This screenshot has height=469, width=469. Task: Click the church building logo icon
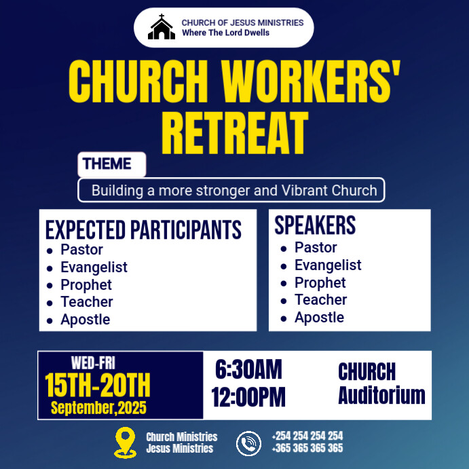[x=162, y=28]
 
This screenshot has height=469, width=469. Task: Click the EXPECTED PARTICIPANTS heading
[x=143, y=229]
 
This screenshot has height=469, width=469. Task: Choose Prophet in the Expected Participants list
[x=86, y=285]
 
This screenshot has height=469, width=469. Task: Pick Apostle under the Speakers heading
[x=319, y=318]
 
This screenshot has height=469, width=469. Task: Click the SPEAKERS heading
[x=315, y=225]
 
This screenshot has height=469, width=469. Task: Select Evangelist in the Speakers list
[x=328, y=265]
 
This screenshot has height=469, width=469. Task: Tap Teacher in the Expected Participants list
[x=87, y=302]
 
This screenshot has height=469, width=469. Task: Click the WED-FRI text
[x=93, y=364]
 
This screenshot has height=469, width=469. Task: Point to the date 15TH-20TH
[x=98, y=386]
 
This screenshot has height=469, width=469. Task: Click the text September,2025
[x=98, y=408]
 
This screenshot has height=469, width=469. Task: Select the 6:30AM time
[x=248, y=371]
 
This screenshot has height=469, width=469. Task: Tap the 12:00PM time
[x=248, y=397]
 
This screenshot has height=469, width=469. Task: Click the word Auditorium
[x=381, y=395]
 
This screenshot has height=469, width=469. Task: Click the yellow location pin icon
[x=126, y=443]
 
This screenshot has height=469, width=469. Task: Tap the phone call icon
[x=248, y=443]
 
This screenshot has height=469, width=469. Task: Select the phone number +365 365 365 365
[x=307, y=449]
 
